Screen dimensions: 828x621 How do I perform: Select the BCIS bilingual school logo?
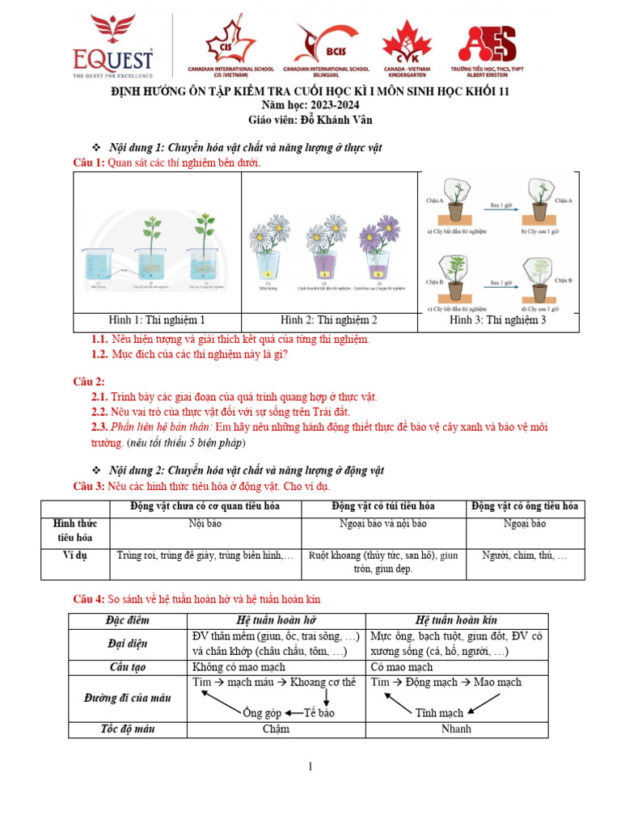click(x=315, y=44)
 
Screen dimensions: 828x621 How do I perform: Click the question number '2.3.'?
click(x=99, y=427)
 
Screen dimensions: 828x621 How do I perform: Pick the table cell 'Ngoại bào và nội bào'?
click(x=382, y=524)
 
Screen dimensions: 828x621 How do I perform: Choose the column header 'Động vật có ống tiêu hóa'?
click(x=525, y=506)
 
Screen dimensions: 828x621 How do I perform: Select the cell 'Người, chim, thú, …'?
click(x=525, y=556)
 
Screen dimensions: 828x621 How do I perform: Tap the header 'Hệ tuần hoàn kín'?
click(x=456, y=620)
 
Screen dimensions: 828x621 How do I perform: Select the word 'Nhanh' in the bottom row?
click(x=456, y=729)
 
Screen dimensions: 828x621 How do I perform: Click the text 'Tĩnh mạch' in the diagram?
click(x=439, y=713)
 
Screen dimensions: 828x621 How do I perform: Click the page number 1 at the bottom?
click(x=310, y=767)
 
